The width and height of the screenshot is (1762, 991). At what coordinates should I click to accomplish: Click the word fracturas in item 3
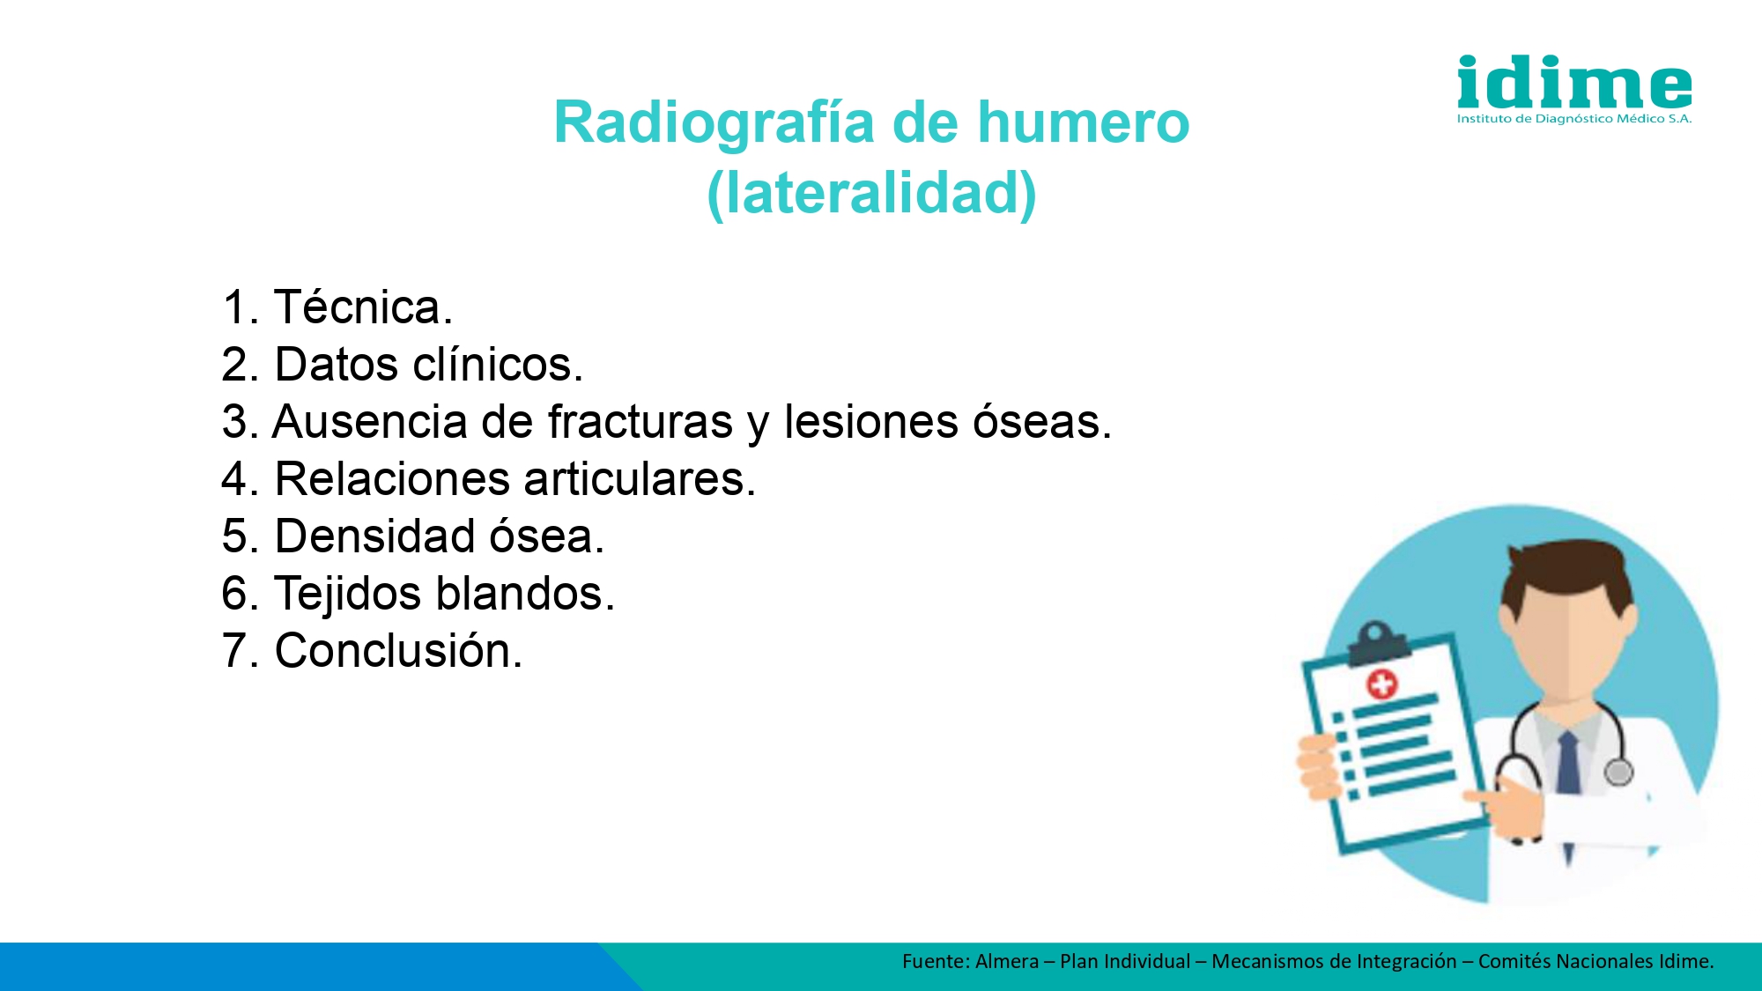pyautogui.click(x=640, y=421)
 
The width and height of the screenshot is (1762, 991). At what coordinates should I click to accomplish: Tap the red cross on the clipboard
pyautogui.click(x=1381, y=684)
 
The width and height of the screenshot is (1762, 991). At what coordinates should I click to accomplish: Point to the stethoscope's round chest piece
pyautogui.click(x=1618, y=772)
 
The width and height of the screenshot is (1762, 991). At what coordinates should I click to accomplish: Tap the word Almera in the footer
pyautogui.click(x=1007, y=961)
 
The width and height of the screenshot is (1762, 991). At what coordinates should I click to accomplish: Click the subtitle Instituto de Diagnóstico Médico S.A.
pyautogui.click(x=1574, y=119)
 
